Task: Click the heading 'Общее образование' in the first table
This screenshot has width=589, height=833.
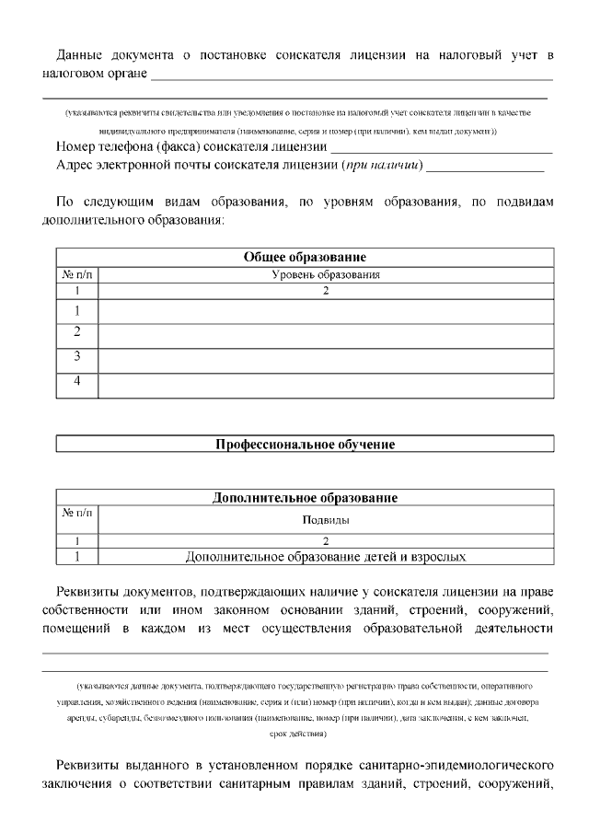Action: [305, 257]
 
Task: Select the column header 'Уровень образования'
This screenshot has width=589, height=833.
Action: [326, 274]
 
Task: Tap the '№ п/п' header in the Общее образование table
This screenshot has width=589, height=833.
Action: [76, 274]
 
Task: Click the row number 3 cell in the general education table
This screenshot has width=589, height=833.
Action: [77, 356]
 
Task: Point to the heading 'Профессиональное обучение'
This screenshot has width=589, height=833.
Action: [305, 445]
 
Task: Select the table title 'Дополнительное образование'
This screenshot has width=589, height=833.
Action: [305, 498]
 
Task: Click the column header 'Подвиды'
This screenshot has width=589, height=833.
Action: [326, 519]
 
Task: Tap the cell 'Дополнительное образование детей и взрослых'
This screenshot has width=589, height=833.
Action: [326, 556]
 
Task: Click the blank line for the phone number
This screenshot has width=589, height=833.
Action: [441, 149]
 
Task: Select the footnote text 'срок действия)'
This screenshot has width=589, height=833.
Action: [295, 734]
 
